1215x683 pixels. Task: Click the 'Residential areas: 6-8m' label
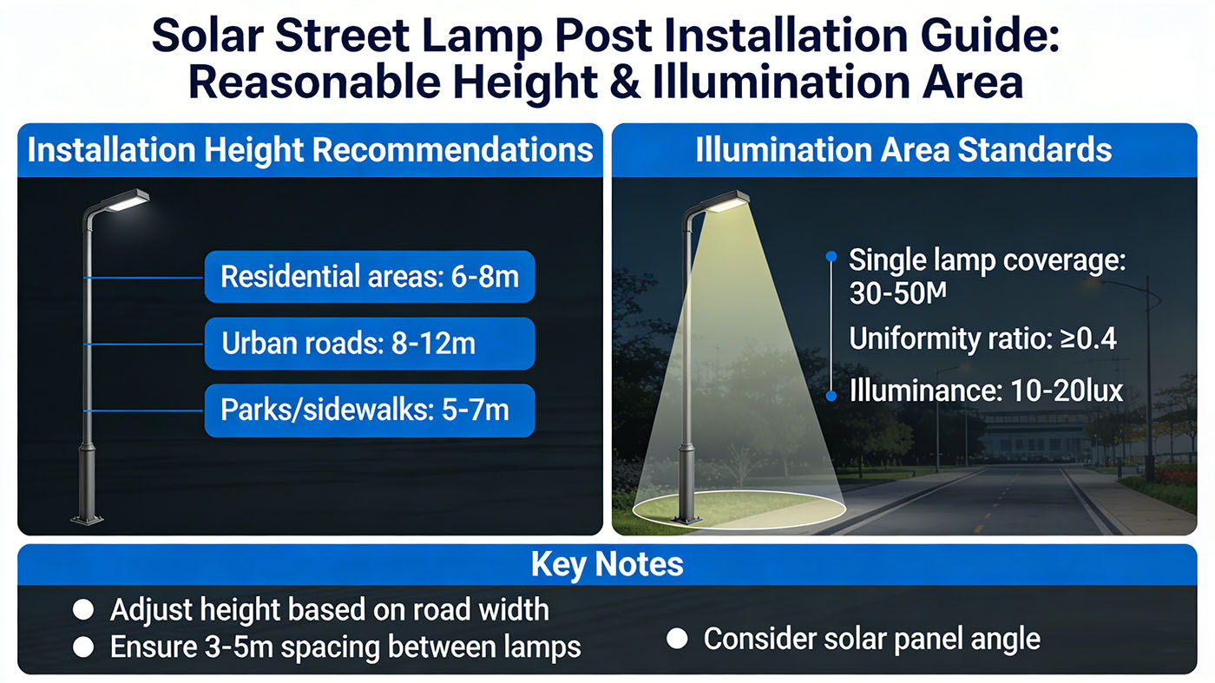[x=370, y=278]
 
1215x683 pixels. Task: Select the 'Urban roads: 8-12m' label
[x=370, y=344]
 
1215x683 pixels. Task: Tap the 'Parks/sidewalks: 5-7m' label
[x=370, y=410]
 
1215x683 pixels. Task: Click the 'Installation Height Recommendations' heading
[x=310, y=150]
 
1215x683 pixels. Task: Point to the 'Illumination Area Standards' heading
[x=903, y=150]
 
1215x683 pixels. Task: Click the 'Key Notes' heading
[x=607, y=565]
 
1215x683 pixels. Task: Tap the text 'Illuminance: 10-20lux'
[x=986, y=391]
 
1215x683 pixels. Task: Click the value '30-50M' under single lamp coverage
[x=897, y=294]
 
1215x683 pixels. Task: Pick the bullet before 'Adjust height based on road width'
[x=83, y=610]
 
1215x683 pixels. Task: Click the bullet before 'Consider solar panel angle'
[x=677, y=640]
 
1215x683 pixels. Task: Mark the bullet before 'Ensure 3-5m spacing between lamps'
[x=83, y=647]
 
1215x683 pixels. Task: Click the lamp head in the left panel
[x=127, y=200]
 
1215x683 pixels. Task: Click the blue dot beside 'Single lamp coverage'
[x=831, y=256]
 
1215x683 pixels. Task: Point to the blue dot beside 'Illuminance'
[x=831, y=396]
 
